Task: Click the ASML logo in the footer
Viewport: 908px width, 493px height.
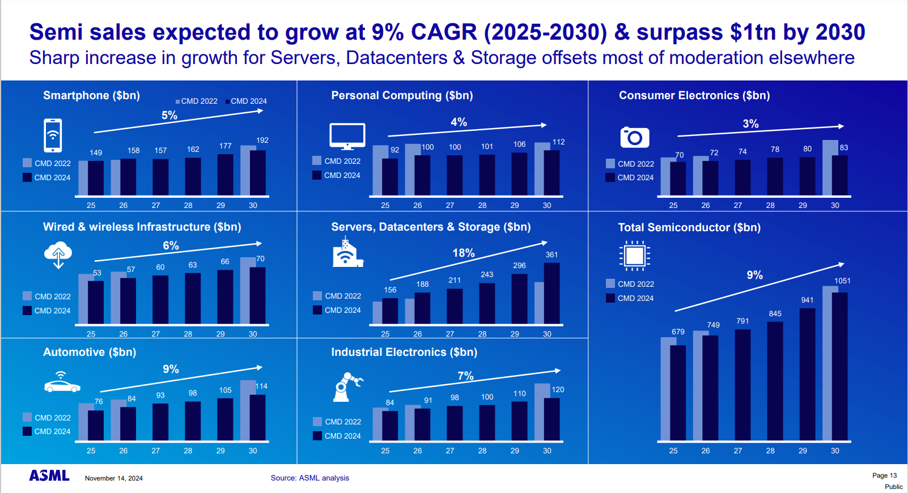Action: click(x=49, y=475)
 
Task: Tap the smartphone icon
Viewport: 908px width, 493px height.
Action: click(x=53, y=135)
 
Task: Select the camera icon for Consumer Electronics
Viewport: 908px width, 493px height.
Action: click(x=634, y=137)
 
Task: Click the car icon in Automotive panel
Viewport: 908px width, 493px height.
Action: click(x=62, y=384)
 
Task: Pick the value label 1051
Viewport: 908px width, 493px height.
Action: click(x=842, y=280)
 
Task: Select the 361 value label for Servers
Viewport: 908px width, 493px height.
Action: click(x=551, y=254)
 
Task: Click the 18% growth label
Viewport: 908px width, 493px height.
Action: click(x=463, y=253)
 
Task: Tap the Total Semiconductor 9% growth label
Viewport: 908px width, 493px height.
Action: click(x=754, y=275)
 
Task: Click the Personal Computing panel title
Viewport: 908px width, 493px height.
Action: click(x=402, y=95)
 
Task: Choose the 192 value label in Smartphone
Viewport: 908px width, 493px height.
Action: click(x=262, y=140)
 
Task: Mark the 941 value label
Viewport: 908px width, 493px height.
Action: click(x=807, y=300)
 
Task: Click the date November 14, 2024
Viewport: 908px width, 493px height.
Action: click(x=113, y=478)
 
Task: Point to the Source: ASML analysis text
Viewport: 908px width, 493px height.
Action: click(x=309, y=478)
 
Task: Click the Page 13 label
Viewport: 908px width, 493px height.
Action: click(x=884, y=475)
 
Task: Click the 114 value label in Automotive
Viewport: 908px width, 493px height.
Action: click(x=261, y=386)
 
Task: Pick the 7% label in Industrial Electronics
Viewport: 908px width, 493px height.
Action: click(x=465, y=376)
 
